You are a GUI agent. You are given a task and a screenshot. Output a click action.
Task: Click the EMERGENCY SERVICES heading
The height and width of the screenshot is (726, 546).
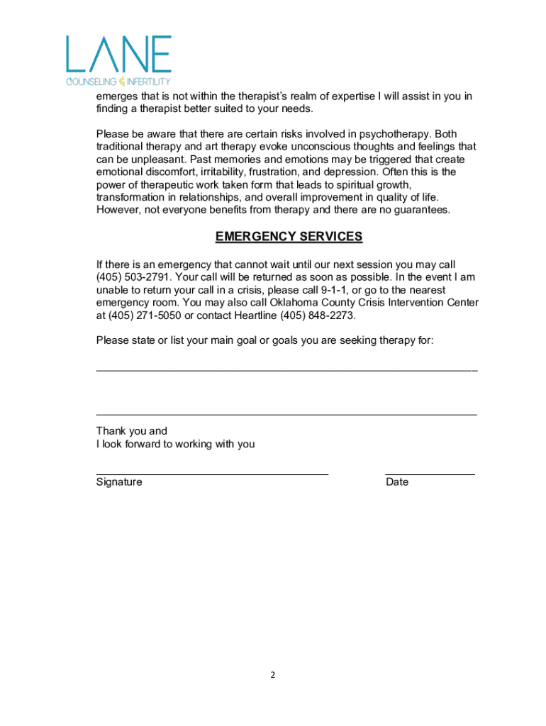point(289,237)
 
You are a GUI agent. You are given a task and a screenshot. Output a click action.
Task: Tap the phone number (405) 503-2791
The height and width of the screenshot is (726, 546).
point(132,277)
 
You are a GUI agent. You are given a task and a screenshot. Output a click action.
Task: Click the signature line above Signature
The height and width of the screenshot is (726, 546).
point(212,472)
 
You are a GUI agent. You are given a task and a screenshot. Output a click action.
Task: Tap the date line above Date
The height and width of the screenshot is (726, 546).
point(430,472)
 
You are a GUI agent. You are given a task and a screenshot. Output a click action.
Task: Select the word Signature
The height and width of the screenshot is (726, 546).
point(119,482)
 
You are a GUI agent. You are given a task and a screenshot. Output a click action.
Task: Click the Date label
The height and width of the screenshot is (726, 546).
point(397,482)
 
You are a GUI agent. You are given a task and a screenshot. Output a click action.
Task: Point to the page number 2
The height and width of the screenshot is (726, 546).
point(272,675)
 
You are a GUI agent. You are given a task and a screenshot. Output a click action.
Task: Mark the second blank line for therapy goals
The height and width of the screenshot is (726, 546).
point(286,414)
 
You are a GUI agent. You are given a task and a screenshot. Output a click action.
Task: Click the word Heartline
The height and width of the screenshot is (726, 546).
point(255,315)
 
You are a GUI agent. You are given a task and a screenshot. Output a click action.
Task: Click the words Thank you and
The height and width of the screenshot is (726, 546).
point(132,431)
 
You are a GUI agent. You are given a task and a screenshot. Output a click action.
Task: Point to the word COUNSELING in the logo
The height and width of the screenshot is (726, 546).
point(91,82)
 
